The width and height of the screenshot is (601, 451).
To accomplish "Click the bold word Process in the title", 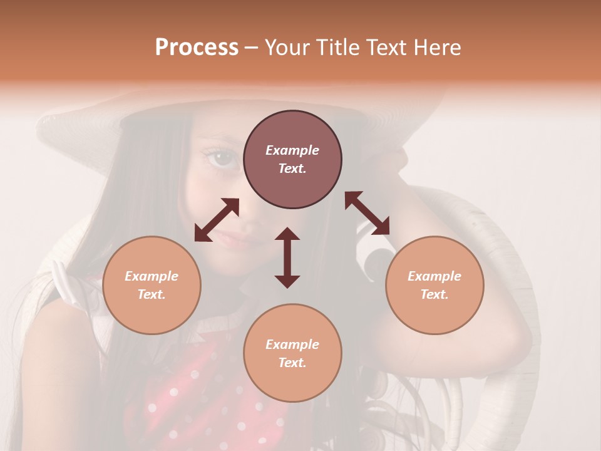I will click(197, 48).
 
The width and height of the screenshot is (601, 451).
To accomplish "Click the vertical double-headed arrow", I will click(287, 257).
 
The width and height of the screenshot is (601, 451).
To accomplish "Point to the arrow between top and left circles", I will click(217, 220).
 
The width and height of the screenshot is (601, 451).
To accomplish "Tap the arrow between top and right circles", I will click(367, 213).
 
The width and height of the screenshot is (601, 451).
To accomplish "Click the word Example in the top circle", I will click(292, 150).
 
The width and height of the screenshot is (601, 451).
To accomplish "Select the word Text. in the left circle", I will click(152, 294).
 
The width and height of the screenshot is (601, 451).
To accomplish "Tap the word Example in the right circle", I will click(434, 276).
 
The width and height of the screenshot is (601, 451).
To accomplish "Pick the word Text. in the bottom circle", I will click(292, 363).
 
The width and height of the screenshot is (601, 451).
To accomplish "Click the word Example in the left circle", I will click(152, 276).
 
